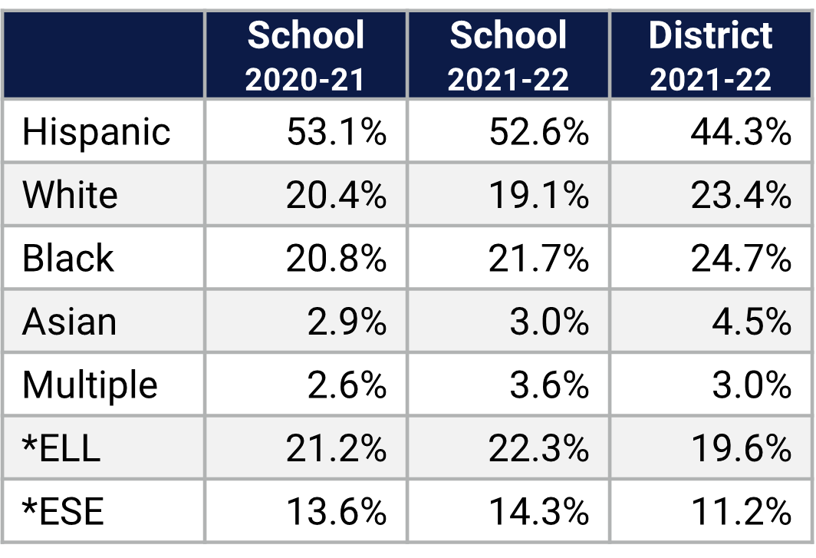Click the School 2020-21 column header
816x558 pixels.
pyautogui.click(x=305, y=55)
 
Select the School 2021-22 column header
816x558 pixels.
pyautogui.click(x=508, y=55)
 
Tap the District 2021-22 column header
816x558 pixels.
pyautogui.click(x=711, y=55)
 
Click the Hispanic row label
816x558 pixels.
pyautogui.click(x=97, y=132)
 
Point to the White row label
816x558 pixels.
pyautogui.click(x=71, y=195)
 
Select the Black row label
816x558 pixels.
pyautogui.click(x=68, y=259)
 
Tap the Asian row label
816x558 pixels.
pyautogui.click(x=70, y=322)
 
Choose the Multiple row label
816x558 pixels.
pyautogui.click(x=90, y=385)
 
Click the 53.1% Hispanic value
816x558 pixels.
pyautogui.click(x=336, y=132)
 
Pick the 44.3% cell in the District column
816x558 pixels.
pyautogui.click(x=740, y=132)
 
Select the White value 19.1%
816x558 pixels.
pyautogui.click(x=538, y=195)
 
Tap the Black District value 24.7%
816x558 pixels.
pyautogui.click(x=740, y=259)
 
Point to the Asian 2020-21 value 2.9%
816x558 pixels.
pyautogui.click(x=347, y=322)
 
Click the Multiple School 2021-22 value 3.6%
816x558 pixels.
pyautogui.click(x=549, y=385)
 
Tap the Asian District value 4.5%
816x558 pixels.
pyautogui.click(x=751, y=322)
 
